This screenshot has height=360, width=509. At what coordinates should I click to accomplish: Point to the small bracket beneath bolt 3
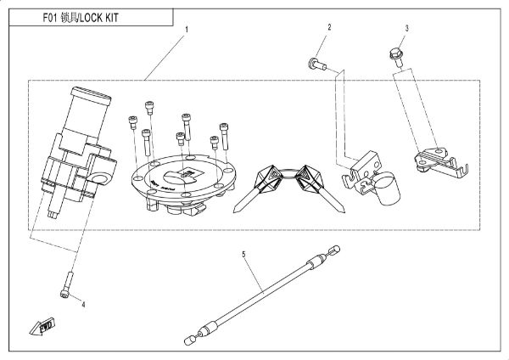(x=437, y=158)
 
